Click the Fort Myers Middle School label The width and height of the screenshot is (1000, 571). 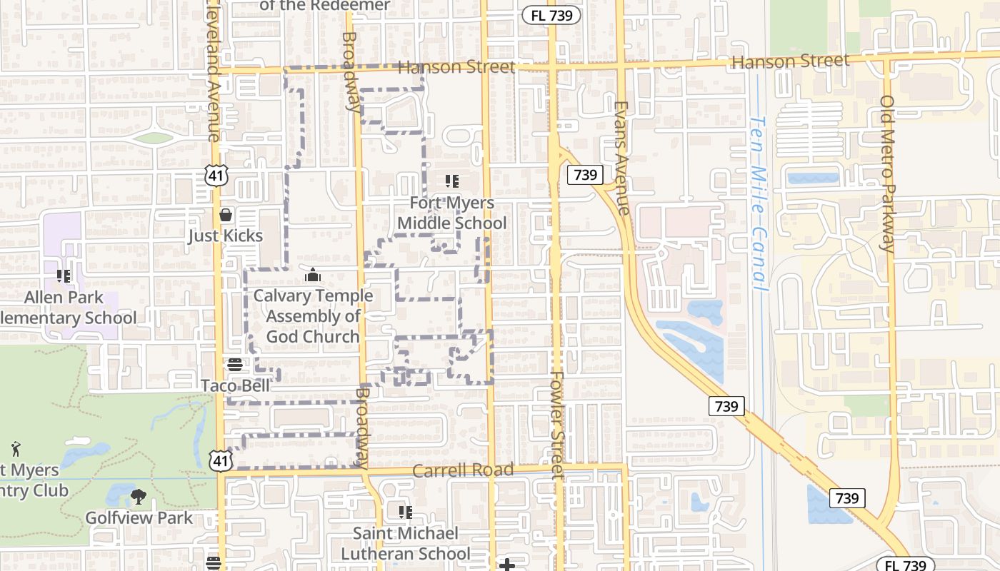(451, 213)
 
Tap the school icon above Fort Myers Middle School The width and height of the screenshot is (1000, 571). (451, 181)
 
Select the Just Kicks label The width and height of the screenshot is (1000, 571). (226, 236)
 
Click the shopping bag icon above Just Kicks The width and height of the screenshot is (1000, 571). (226, 214)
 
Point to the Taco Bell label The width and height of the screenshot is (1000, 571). (236, 385)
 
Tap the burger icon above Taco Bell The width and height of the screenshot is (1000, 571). (235, 365)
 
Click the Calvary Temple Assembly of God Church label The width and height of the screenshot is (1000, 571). (313, 316)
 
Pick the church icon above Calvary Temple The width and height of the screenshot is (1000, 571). (313, 275)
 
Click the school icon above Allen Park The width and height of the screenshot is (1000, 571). (64, 276)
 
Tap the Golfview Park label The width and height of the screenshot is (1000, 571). (139, 517)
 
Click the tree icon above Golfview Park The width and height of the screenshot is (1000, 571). (139, 496)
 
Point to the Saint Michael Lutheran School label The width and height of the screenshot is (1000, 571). (406, 543)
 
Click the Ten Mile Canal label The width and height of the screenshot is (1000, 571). (759, 203)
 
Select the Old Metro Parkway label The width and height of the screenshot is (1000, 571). (887, 175)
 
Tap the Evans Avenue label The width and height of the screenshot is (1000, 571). (621, 157)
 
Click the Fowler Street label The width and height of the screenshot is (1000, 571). (557, 425)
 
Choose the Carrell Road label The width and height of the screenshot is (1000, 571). (463, 470)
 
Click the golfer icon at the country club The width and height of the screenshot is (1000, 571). (16, 449)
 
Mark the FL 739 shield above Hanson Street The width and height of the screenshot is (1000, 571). (551, 16)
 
